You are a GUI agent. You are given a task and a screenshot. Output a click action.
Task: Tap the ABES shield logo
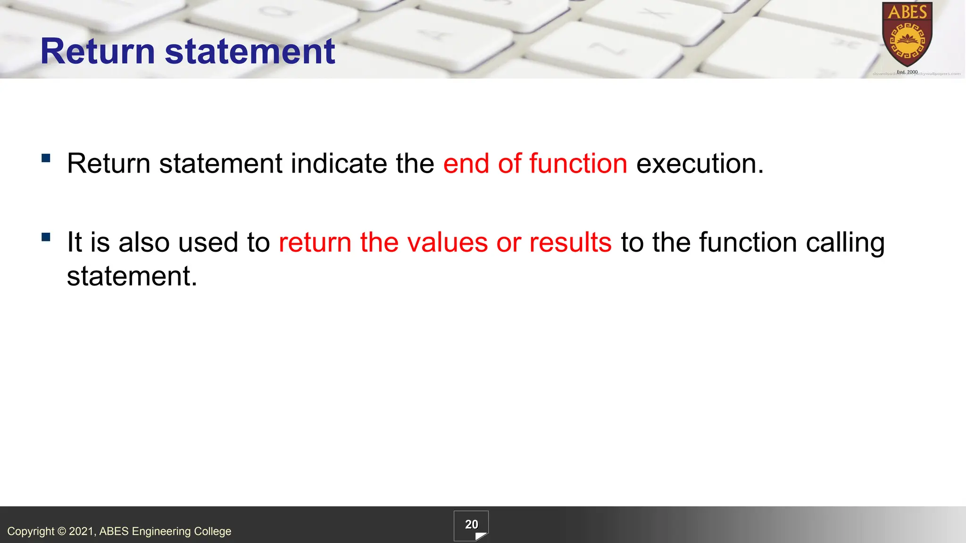[x=907, y=35]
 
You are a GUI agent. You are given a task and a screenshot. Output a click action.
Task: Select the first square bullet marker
[x=46, y=158]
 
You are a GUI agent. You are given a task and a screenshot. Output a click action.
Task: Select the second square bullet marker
[x=46, y=237]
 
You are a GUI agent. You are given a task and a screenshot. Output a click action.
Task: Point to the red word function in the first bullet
[x=578, y=164]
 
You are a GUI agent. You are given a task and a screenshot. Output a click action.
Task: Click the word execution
[x=700, y=164]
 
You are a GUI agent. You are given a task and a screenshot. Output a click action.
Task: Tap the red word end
[x=466, y=164]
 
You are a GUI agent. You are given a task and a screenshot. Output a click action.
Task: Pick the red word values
[x=447, y=242]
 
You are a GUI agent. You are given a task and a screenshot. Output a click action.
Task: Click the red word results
[x=570, y=242]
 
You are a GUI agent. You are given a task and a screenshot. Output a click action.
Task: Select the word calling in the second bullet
[x=845, y=243]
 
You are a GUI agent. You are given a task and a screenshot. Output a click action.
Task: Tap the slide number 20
[x=471, y=525]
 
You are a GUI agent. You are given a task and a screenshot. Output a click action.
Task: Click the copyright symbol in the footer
[x=62, y=531]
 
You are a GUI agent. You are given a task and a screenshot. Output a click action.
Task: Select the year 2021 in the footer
[x=82, y=531]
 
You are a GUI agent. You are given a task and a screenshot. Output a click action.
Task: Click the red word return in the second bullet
[x=315, y=242]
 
